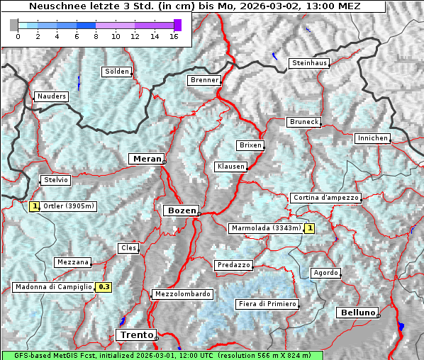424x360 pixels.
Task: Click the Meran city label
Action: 146,159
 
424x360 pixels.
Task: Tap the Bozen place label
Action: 181,210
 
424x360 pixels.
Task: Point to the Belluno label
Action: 357,312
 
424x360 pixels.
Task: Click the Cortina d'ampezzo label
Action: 325,198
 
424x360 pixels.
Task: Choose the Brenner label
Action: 204,80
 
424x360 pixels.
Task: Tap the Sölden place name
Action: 117,72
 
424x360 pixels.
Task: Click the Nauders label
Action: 51,96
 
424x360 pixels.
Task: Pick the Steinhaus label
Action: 310,63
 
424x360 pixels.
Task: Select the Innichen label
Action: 372,138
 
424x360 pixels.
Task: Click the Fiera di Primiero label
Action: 267,304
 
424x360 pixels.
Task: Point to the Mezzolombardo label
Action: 182,294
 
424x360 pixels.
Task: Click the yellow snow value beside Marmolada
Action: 309,228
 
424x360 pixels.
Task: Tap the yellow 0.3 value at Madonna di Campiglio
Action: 104,287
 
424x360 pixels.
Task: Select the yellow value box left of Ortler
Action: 34,207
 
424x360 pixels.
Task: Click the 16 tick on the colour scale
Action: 174,36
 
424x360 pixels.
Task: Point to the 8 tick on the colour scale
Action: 96,36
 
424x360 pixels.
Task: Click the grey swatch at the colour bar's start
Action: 14,25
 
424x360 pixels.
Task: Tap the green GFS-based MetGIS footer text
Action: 162,355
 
